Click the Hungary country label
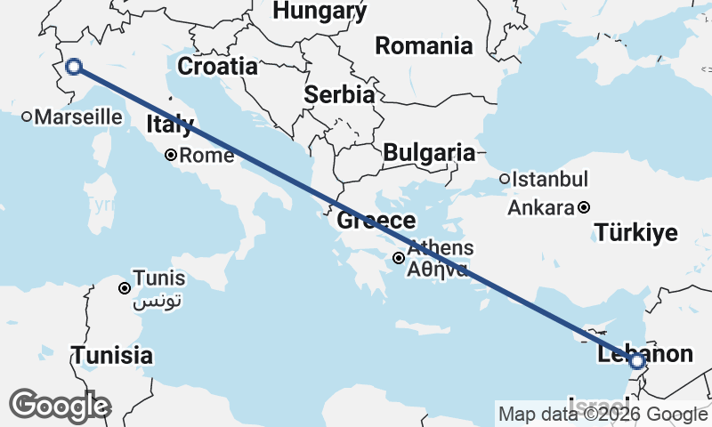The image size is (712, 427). coord(320,11)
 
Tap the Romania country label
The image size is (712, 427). coord(424,45)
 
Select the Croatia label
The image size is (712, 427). coord(217,67)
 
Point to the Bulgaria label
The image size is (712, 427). coord(429,153)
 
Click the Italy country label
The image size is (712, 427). coord(169,125)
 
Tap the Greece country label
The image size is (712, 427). coord(376,221)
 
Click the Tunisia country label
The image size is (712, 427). coord(112,356)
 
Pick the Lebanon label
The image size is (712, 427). coord(644,354)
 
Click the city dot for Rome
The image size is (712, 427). coord(171,156)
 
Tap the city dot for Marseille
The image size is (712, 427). coord(27,117)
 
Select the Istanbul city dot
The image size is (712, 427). coord(505,179)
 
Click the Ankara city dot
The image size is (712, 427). coord(584,208)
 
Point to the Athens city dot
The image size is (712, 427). coord(400,259)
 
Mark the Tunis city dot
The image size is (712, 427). coord(125,287)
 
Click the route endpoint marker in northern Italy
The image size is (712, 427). coord(74,66)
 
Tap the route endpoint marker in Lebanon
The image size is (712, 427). coord(636,361)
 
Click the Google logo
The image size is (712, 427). coord(60,406)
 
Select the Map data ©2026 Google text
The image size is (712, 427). coord(603,414)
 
